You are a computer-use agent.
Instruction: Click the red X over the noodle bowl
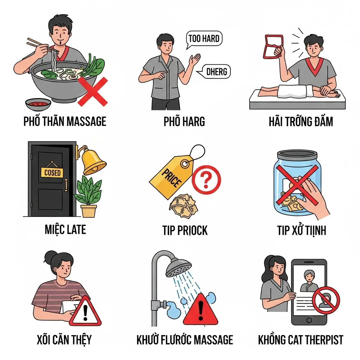pos(93,92)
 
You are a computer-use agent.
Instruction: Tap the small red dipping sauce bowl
pos(38,105)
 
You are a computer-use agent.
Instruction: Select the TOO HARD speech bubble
pos(204,39)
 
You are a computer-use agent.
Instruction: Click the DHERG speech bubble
pos(215,72)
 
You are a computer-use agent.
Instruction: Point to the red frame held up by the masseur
pos(274,46)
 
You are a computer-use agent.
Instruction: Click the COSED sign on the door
pos(52,172)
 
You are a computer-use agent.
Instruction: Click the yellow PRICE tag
pos(172,177)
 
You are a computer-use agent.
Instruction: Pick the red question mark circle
pos(206,180)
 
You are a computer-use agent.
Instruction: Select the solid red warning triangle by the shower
pos(200,309)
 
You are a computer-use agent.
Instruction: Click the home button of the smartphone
pos(309,320)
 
